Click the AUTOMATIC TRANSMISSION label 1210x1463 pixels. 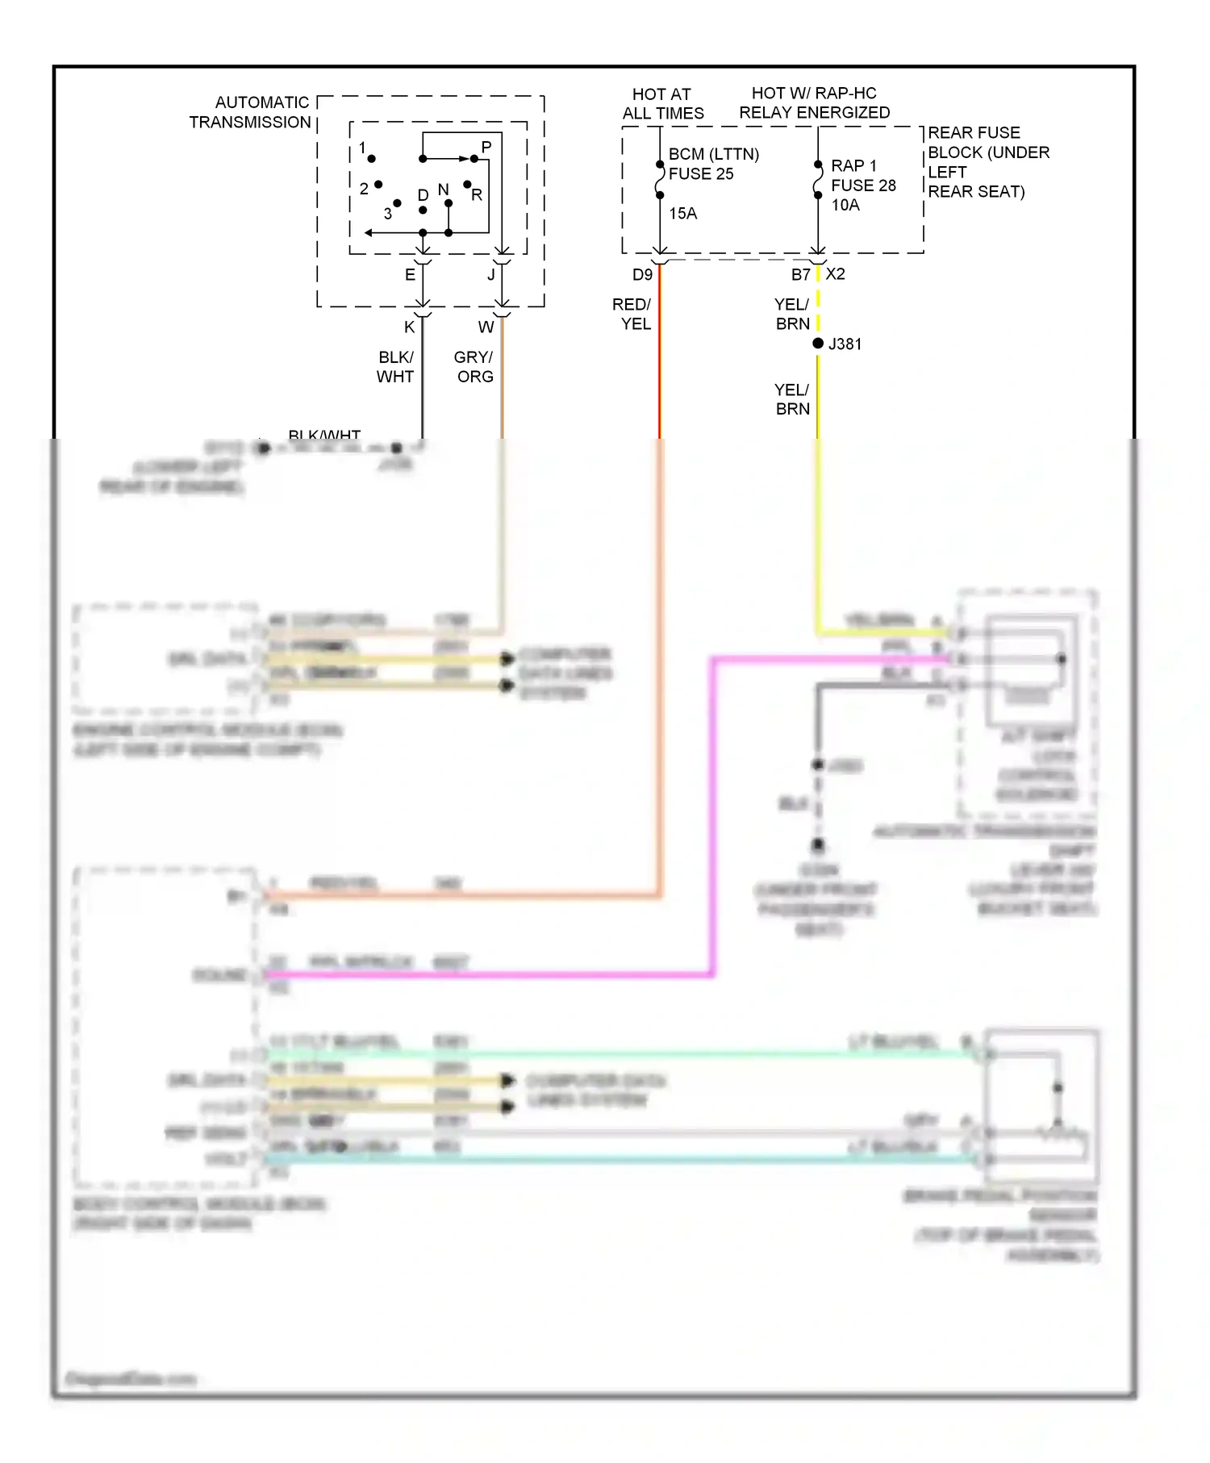coord(250,113)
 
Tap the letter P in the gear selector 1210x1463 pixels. coord(486,147)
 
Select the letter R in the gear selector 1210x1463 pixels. coord(477,195)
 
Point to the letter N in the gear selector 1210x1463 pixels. coord(443,190)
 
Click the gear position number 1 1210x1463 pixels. coord(362,148)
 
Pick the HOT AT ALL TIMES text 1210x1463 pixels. coord(663,104)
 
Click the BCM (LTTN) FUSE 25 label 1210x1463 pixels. coord(713,164)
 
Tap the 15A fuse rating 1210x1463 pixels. coord(682,214)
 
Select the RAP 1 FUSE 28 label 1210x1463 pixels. coord(863,175)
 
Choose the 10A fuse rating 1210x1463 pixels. coord(845,206)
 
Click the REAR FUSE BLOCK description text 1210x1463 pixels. coord(988,162)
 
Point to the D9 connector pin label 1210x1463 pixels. coord(642,275)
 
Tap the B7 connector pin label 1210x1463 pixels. coord(800,275)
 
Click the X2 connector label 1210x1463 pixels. coord(836,274)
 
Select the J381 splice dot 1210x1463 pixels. coord(818,344)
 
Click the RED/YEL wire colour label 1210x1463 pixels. coord(632,315)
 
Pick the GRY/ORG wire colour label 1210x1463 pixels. coord(474,367)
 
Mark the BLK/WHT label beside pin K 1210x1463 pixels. coord(395,367)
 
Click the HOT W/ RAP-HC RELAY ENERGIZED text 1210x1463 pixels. coord(815,103)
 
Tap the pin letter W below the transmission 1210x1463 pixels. coord(486,327)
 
